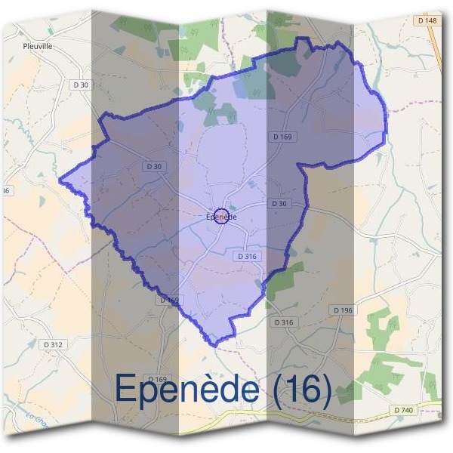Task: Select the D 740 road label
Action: click(404, 409)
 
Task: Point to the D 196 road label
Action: click(342, 310)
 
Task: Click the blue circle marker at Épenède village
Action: click(221, 216)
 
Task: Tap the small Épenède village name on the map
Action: click(221, 217)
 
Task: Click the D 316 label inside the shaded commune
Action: click(247, 257)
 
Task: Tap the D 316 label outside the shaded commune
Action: click(283, 322)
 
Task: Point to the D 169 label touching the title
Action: click(157, 378)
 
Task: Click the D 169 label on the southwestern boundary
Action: click(170, 300)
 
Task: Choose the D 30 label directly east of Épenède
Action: click(279, 204)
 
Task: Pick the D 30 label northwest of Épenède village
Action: click(153, 165)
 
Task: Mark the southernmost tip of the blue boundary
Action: click(217, 346)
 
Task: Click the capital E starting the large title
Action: click(126, 388)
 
